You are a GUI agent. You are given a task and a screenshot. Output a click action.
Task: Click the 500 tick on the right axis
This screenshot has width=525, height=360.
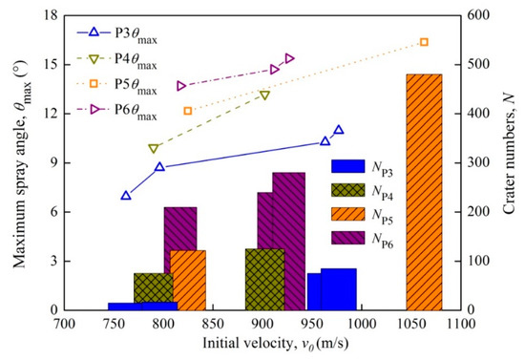point(474,64)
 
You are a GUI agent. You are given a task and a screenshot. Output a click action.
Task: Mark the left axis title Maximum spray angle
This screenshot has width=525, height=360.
point(13,162)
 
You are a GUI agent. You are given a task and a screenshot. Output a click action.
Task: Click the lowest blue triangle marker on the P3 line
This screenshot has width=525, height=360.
point(126,196)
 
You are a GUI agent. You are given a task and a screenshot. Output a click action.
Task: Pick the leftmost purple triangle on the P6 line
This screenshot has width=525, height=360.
point(181,86)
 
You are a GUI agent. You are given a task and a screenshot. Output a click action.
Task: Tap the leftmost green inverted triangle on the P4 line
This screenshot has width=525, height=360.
point(154,149)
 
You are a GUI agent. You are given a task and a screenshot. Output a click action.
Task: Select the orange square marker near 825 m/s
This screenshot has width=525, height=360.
point(188,111)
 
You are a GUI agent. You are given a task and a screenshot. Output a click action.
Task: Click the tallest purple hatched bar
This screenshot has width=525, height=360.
point(288,241)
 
